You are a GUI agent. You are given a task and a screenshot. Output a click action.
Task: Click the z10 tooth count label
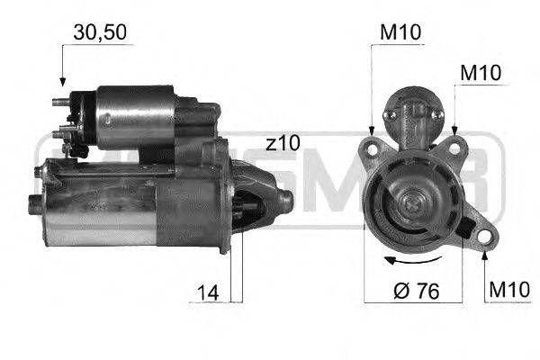tap(283, 143)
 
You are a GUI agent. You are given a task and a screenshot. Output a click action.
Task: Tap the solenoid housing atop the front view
tap(412, 112)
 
